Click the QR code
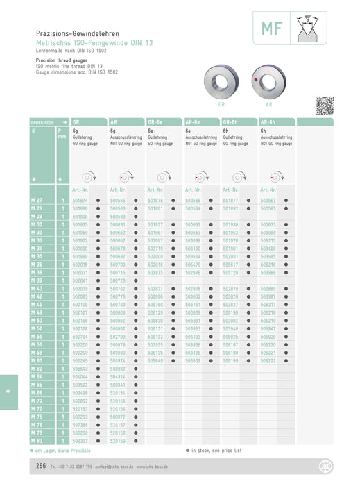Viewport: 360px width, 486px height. tap(324, 105)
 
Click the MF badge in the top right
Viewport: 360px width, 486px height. tap(271, 29)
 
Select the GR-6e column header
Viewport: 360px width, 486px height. tap(157, 122)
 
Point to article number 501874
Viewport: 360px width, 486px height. tap(80, 201)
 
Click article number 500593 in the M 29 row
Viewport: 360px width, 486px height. tap(118, 217)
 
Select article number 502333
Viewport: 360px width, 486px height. tap(80, 442)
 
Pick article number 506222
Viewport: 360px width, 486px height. tap(268, 361)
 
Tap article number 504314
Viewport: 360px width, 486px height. tap(118, 377)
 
